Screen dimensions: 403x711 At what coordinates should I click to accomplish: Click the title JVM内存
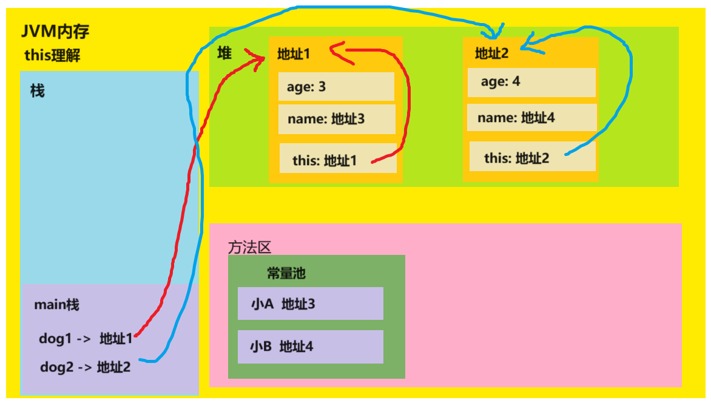click(55, 32)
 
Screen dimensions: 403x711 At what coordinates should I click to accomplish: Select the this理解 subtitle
click(52, 56)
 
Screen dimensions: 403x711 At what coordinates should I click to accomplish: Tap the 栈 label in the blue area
click(38, 92)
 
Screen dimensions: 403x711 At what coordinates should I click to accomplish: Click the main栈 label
click(56, 305)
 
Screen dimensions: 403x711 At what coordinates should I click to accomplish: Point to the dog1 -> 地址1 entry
click(86, 339)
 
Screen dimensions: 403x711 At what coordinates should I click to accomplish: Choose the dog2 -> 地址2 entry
click(85, 367)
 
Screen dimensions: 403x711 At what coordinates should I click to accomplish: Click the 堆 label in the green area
click(224, 53)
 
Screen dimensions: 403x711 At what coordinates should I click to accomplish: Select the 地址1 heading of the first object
click(294, 54)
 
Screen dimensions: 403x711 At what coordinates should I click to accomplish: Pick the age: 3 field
click(336, 87)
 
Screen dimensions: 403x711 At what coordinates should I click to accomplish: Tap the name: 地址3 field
click(337, 119)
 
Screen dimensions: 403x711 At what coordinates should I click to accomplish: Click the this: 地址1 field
click(337, 160)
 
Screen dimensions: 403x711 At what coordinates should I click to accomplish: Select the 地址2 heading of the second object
click(491, 54)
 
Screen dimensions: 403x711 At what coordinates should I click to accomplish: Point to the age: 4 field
click(531, 82)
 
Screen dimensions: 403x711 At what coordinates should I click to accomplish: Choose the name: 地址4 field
click(531, 118)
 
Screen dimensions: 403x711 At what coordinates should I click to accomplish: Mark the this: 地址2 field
click(531, 158)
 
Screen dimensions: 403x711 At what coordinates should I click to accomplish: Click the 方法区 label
click(249, 248)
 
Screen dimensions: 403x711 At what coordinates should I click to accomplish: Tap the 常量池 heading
click(286, 273)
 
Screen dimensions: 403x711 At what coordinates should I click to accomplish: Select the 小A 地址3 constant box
click(310, 303)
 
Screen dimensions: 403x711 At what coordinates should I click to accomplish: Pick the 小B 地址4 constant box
click(310, 347)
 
